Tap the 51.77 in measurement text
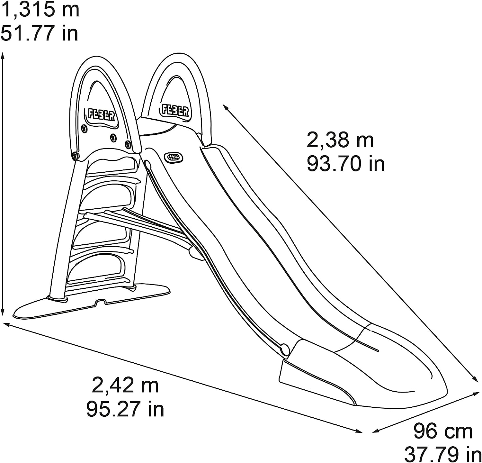[40, 33]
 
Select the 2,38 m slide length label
[340, 141]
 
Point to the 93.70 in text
[346, 164]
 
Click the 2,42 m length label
[125, 386]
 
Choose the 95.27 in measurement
[125, 409]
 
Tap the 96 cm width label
[443, 431]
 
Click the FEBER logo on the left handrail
[101, 115]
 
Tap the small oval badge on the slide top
[173, 157]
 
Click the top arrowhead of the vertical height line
[3, 55]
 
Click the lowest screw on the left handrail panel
[76, 155]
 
